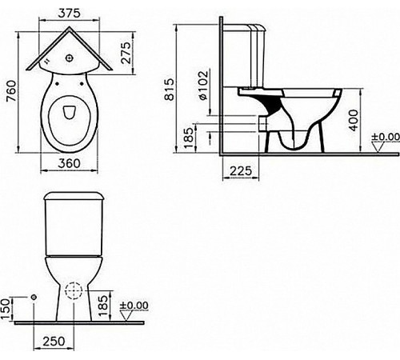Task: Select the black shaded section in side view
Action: coord(272,103)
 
